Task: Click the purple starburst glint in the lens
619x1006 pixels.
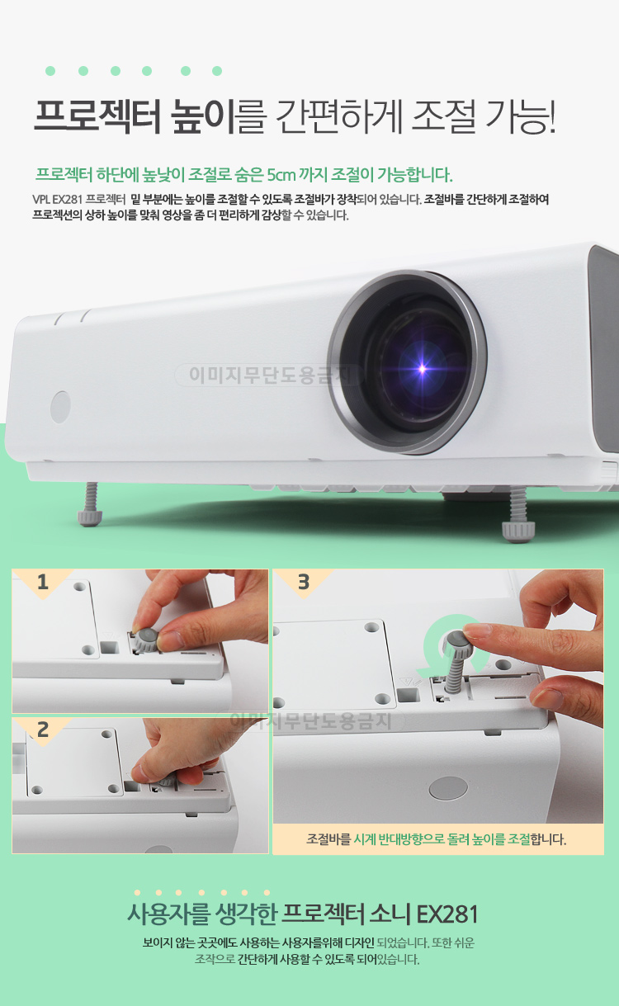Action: [423, 369]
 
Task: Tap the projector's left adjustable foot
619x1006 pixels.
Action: [90, 504]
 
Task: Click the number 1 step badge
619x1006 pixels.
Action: [43, 582]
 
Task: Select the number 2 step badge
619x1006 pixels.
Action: [43, 730]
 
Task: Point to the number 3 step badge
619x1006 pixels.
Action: [304, 582]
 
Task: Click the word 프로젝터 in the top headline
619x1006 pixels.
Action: [97, 116]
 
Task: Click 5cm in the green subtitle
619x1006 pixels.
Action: [281, 174]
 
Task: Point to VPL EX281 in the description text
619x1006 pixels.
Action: [57, 199]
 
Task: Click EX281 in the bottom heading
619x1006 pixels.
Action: [447, 914]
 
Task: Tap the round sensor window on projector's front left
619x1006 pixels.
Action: [60, 407]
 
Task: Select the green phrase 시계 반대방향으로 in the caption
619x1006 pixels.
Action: [399, 838]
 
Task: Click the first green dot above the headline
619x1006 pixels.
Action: [50, 71]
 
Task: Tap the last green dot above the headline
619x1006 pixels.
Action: [217, 71]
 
